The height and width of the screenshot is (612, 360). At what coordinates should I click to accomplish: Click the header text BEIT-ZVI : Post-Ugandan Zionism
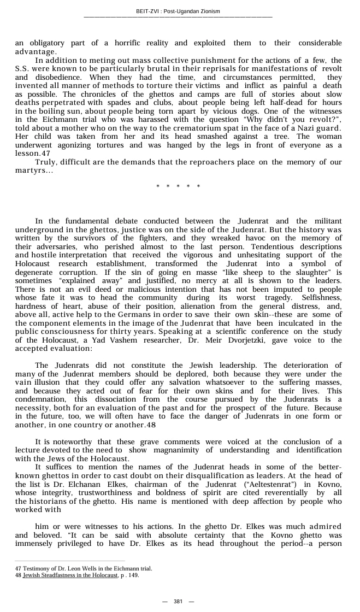coord(178,11)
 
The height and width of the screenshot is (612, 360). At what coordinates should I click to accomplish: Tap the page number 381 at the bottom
coord(178,601)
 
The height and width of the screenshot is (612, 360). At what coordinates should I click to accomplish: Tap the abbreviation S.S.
coord(23,68)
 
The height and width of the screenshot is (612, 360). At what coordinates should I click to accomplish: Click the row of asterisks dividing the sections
coord(178,186)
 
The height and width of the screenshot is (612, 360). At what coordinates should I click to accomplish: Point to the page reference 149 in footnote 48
coord(133,575)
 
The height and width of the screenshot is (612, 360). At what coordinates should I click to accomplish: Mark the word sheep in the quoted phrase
coord(247,272)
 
